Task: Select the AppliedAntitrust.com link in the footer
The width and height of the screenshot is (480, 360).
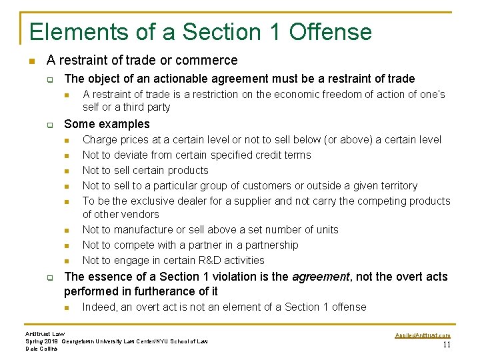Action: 423,335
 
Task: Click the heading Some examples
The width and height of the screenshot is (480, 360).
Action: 107,124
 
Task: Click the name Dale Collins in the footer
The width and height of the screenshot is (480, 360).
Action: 41,349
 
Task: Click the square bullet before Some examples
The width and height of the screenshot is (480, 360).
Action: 49,124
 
